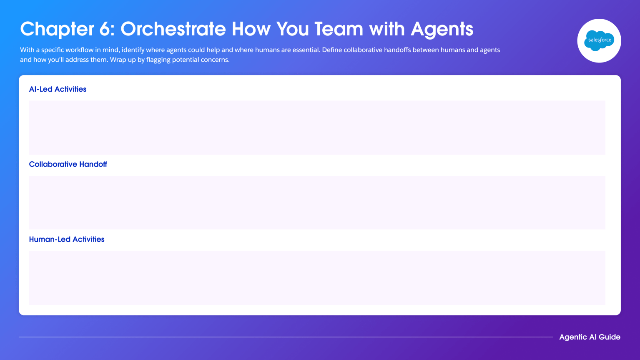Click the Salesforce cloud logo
click(599, 40)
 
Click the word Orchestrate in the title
click(173, 29)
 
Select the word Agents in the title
click(442, 29)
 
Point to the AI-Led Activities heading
click(58, 89)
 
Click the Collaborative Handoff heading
click(68, 164)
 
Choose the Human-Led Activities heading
click(67, 239)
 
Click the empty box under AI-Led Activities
click(317, 127)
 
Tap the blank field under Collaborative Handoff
click(317, 202)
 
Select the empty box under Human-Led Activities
click(317, 277)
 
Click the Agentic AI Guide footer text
click(590, 337)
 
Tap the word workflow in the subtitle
click(79, 50)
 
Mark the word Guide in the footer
click(610, 337)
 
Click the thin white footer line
click(286, 337)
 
